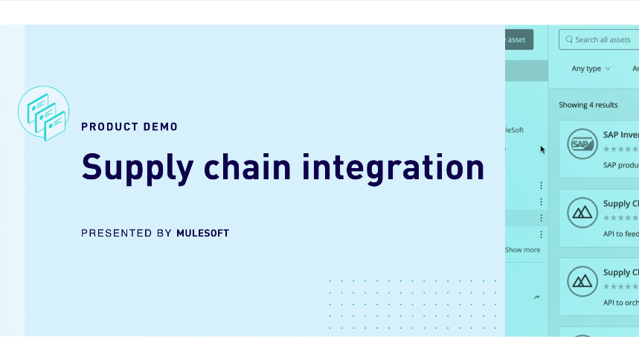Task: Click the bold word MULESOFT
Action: [202, 234]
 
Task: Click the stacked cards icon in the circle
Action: [44, 112]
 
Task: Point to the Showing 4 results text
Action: [588, 105]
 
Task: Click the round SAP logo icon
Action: [582, 144]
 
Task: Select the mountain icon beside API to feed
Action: [582, 213]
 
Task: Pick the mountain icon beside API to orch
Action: [582, 282]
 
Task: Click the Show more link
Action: [522, 250]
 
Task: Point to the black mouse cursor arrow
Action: [542, 149]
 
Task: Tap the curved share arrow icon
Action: [537, 298]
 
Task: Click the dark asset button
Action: [518, 39]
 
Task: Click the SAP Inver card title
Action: [620, 135]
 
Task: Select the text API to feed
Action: [620, 234]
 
